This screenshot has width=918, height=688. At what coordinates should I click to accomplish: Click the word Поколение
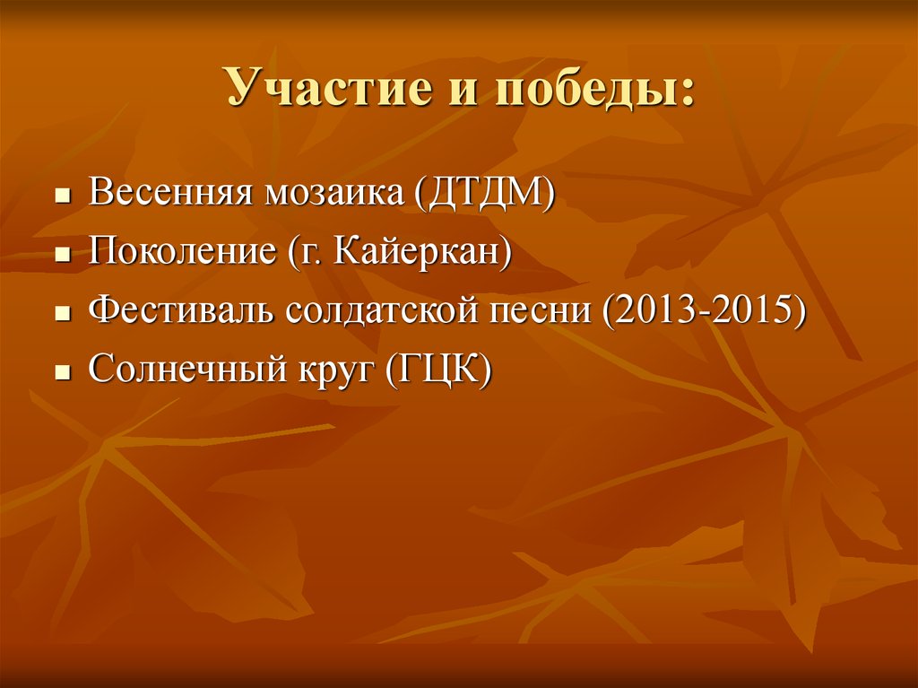pos(182,253)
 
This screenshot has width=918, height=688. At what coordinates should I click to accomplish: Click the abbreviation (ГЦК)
pos(438,370)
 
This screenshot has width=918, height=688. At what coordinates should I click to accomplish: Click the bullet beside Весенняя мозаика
pos(62,195)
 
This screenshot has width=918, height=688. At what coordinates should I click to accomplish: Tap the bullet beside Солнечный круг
pos(62,370)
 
